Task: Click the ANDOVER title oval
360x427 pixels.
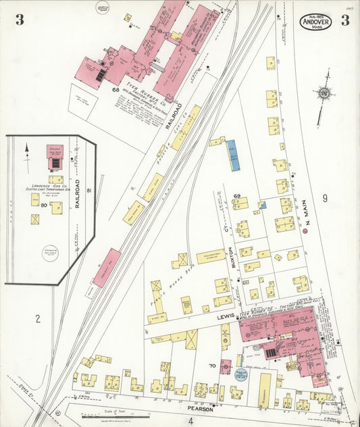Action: click(x=317, y=20)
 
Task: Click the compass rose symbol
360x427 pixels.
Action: click(x=325, y=92)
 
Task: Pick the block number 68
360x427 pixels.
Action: click(x=116, y=89)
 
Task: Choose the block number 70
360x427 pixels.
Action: click(x=212, y=366)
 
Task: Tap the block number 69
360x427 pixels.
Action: click(x=237, y=196)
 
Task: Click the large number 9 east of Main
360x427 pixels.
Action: click(x=324, y=198)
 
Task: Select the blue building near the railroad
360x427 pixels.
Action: click(x=232, y=155)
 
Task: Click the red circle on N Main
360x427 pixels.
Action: click(x=305, y=232)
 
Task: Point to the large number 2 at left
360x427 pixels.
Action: click(x=39, y=317)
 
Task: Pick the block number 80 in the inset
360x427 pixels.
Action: click(x=43, y=204)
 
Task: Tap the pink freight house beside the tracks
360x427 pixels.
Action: click(x=107, y=268)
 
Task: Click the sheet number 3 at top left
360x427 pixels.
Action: click(x=20, y=20)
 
